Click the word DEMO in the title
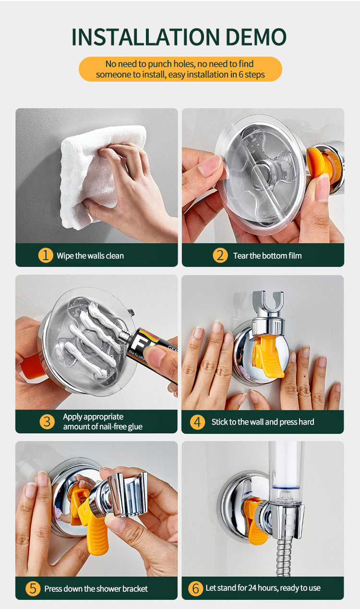[256, 37]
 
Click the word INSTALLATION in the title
[145, 37]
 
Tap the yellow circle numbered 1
[46, 256]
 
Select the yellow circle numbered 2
[220, 256]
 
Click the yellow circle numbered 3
[47, 422]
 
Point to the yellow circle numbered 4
[198, 422]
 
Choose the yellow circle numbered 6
[196, 588]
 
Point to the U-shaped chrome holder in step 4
[268, 302]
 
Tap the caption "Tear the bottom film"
[267, 256]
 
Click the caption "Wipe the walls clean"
[90, 256]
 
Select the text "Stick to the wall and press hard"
[263, 422]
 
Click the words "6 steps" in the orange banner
[252, 74]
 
